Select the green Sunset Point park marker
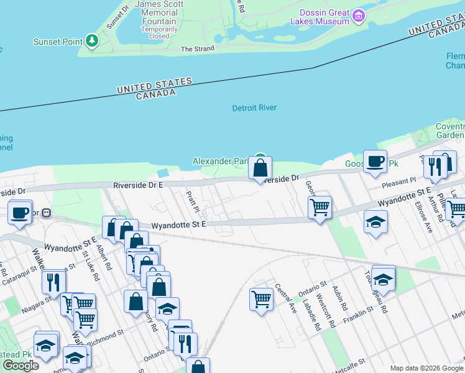click(x=93, y=40)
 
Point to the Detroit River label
click(x=254, y=108)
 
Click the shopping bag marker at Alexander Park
click(x=260, y=167)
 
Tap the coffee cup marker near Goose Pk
click(x=375, y=162)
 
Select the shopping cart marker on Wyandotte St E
click(x=320, y=206)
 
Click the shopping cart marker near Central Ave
click(x=261, y=299)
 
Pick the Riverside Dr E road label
click(x=138, y=185)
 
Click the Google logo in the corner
click(x=21, y=366)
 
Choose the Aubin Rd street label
click(x=339, y=299)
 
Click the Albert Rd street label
click(x=104, y=257)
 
